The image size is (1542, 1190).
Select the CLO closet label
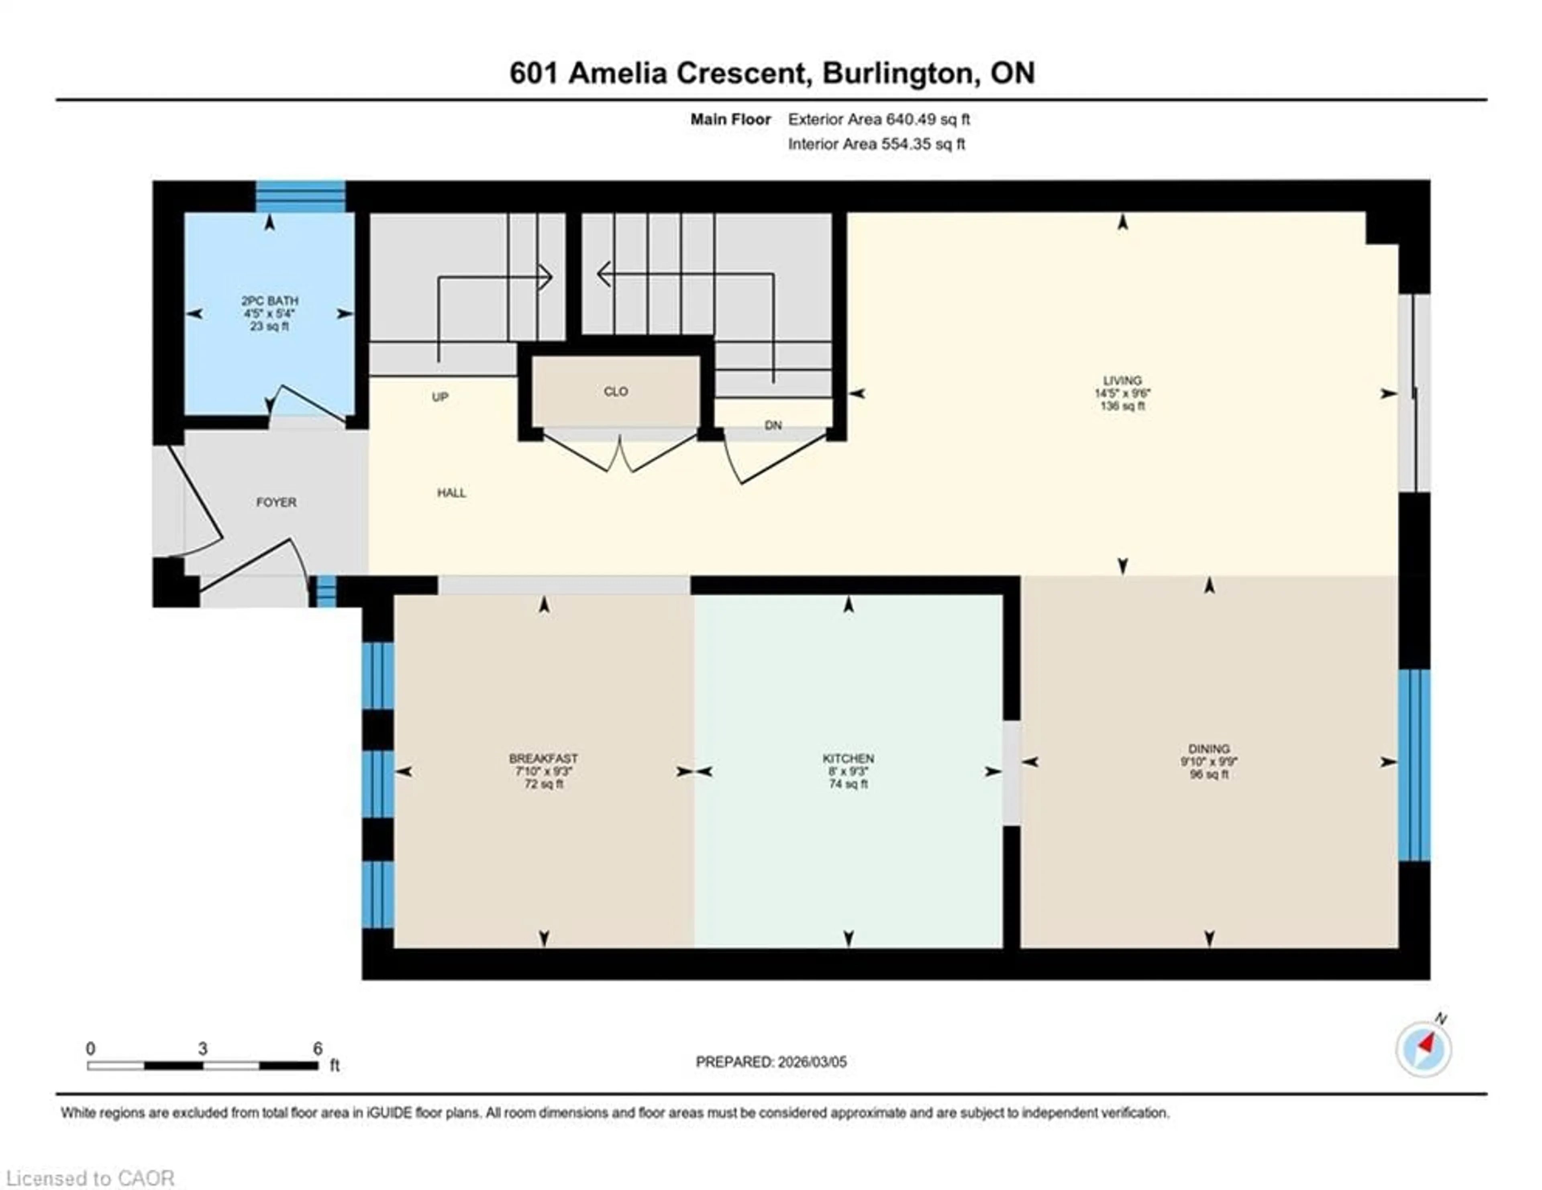click(616, 392)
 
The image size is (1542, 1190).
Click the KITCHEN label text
click(848, 759)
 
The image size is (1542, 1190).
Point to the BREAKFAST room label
click(543, 759)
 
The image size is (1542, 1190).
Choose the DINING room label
click(1209, 749)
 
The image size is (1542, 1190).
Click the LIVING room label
click(1122, 381)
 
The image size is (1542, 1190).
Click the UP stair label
click(440, 397)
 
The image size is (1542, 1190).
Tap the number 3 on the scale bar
click(203, 1049)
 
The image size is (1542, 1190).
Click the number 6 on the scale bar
click(318, 1049)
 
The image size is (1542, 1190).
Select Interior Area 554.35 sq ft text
click(876, 144)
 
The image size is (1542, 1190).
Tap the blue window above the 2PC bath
click(300, 196)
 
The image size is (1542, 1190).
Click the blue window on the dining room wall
click(1414, 766)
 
